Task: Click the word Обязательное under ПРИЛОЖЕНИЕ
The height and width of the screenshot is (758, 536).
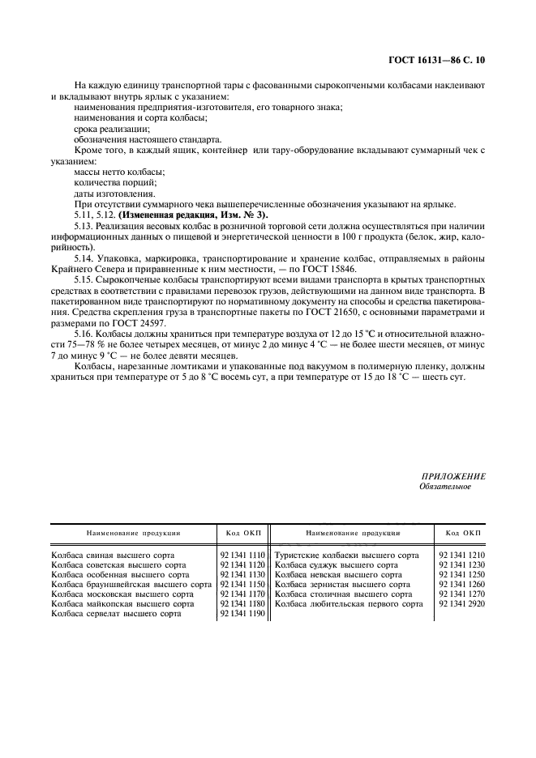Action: [x=444, y=487]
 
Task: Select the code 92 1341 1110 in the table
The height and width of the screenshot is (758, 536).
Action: [x=242, y=556]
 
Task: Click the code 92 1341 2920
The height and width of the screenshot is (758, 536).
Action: [x=461, y=604]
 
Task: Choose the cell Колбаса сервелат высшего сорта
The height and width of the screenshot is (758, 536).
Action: [x=115, y=614]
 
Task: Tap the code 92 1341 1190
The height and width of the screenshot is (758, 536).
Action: [x=242, y=614]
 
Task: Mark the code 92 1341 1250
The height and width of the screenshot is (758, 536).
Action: [x=461, y=575]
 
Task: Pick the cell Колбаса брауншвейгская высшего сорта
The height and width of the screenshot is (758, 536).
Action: [x=131, y=585]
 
